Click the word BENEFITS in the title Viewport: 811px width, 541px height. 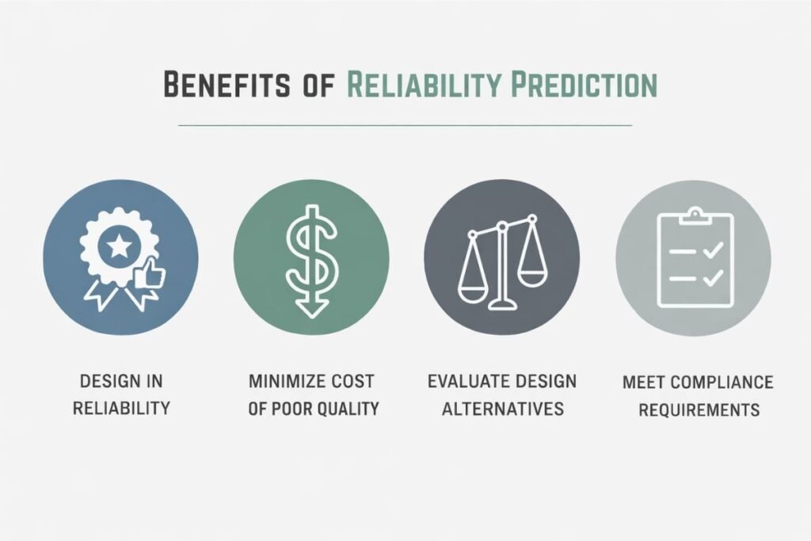point(227,84)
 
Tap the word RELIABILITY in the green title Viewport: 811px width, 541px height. point(424,84)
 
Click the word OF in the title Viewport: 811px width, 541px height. point(318,84)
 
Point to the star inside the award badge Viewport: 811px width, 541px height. point(120,246)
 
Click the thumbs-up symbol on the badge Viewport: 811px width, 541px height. point(150,272)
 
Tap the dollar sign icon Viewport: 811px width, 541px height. point(311,261)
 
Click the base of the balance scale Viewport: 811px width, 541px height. point(503,304)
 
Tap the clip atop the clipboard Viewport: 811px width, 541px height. point(695,215)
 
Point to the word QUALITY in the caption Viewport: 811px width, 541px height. point(348,409)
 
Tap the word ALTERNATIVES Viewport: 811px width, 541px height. point(503,409)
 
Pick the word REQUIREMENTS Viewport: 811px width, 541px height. point(699,410)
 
